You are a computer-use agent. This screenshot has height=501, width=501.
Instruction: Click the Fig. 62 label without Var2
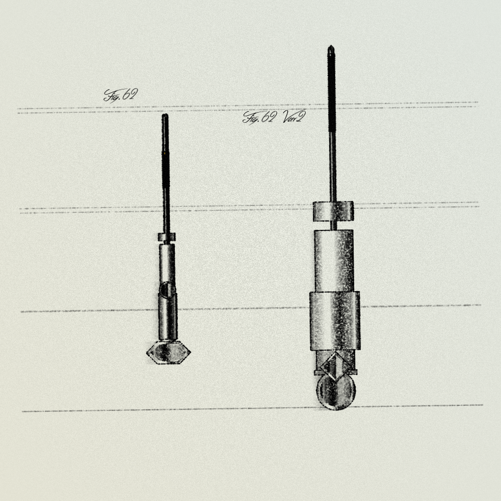(x=121, y=95)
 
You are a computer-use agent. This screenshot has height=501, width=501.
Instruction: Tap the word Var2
(x=294, y=117)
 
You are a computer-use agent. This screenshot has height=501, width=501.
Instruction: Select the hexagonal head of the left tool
(x=168, y=352)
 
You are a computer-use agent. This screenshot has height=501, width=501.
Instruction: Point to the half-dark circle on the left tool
(x=167, y=290)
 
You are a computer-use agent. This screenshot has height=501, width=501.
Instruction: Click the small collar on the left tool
(x=166, y=237)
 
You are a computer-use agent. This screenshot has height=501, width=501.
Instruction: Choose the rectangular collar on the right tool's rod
(x=333, y=211)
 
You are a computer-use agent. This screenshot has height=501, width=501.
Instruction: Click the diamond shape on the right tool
(x=335, y=366)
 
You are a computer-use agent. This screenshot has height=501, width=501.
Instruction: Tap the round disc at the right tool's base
(x=336, y=392)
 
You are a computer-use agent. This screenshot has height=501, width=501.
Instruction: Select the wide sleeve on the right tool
(x=335, y=321)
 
